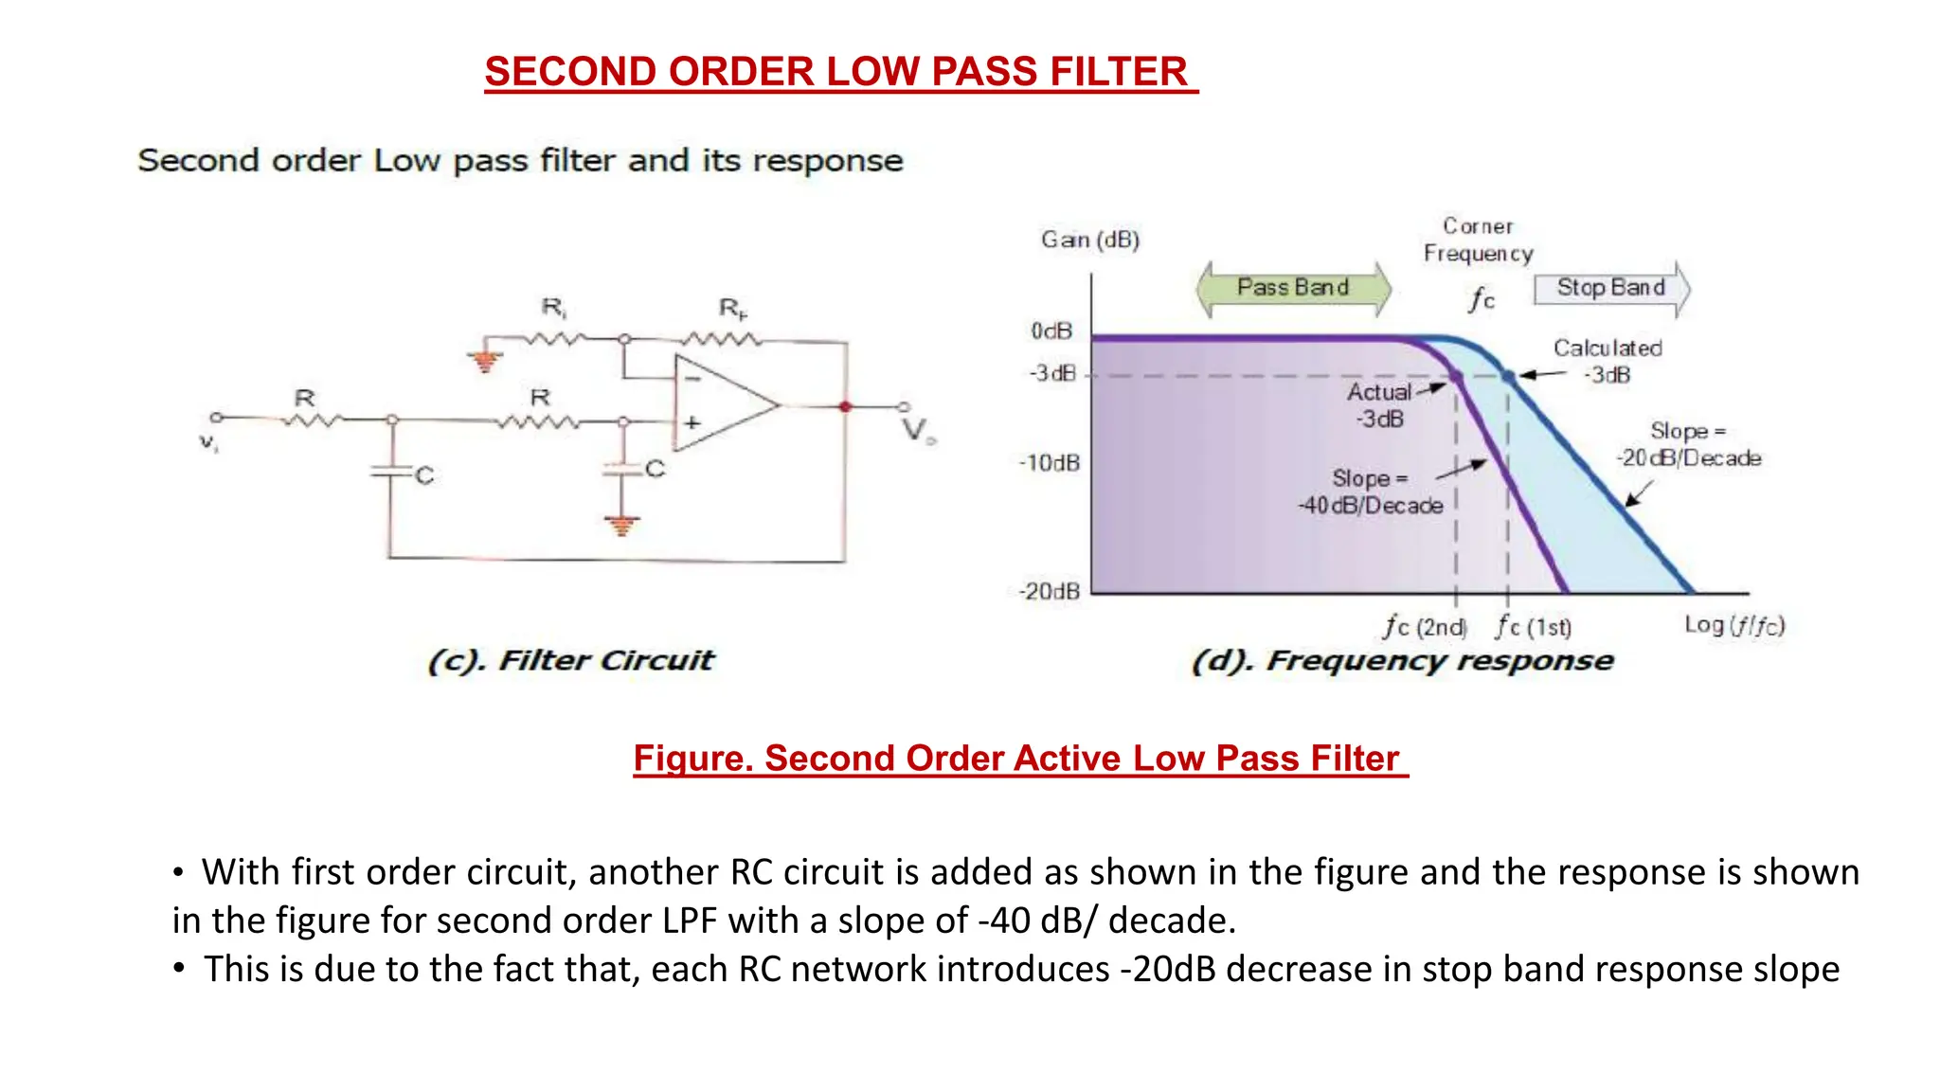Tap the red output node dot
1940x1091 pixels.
(845, 406)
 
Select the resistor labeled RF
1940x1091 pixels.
(722, 338)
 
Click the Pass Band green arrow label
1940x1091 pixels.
(1293, 288)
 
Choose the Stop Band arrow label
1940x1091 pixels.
(1611, 288)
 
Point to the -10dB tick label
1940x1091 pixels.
(1049, 463)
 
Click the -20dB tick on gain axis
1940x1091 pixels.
(1049, 592)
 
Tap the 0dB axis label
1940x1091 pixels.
(1051, 331)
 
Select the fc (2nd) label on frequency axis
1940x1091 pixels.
(1425, 627)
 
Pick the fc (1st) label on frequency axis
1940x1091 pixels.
(1534, 627)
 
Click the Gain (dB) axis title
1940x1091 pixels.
(1090, 240)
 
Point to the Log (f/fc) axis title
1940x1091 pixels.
(1733, 625)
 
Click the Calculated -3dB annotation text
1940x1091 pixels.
(1608, 361)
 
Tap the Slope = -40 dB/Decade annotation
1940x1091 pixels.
(1370, 492)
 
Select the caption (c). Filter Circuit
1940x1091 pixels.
(571, 660)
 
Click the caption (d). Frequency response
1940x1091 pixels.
(1402, 660)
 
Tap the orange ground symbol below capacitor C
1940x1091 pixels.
(621, 525)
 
